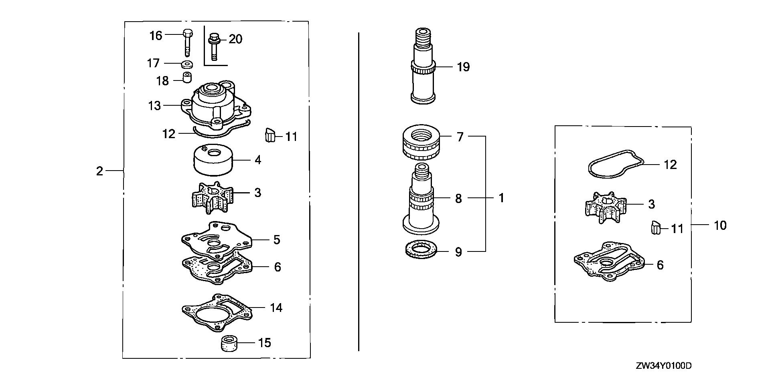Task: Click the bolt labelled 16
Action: (187, 42)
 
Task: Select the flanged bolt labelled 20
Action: (213, 47)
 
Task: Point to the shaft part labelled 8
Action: (421, 200)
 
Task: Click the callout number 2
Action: (99, 171)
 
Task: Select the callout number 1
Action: (501, 198)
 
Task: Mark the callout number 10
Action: (720, 225)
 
